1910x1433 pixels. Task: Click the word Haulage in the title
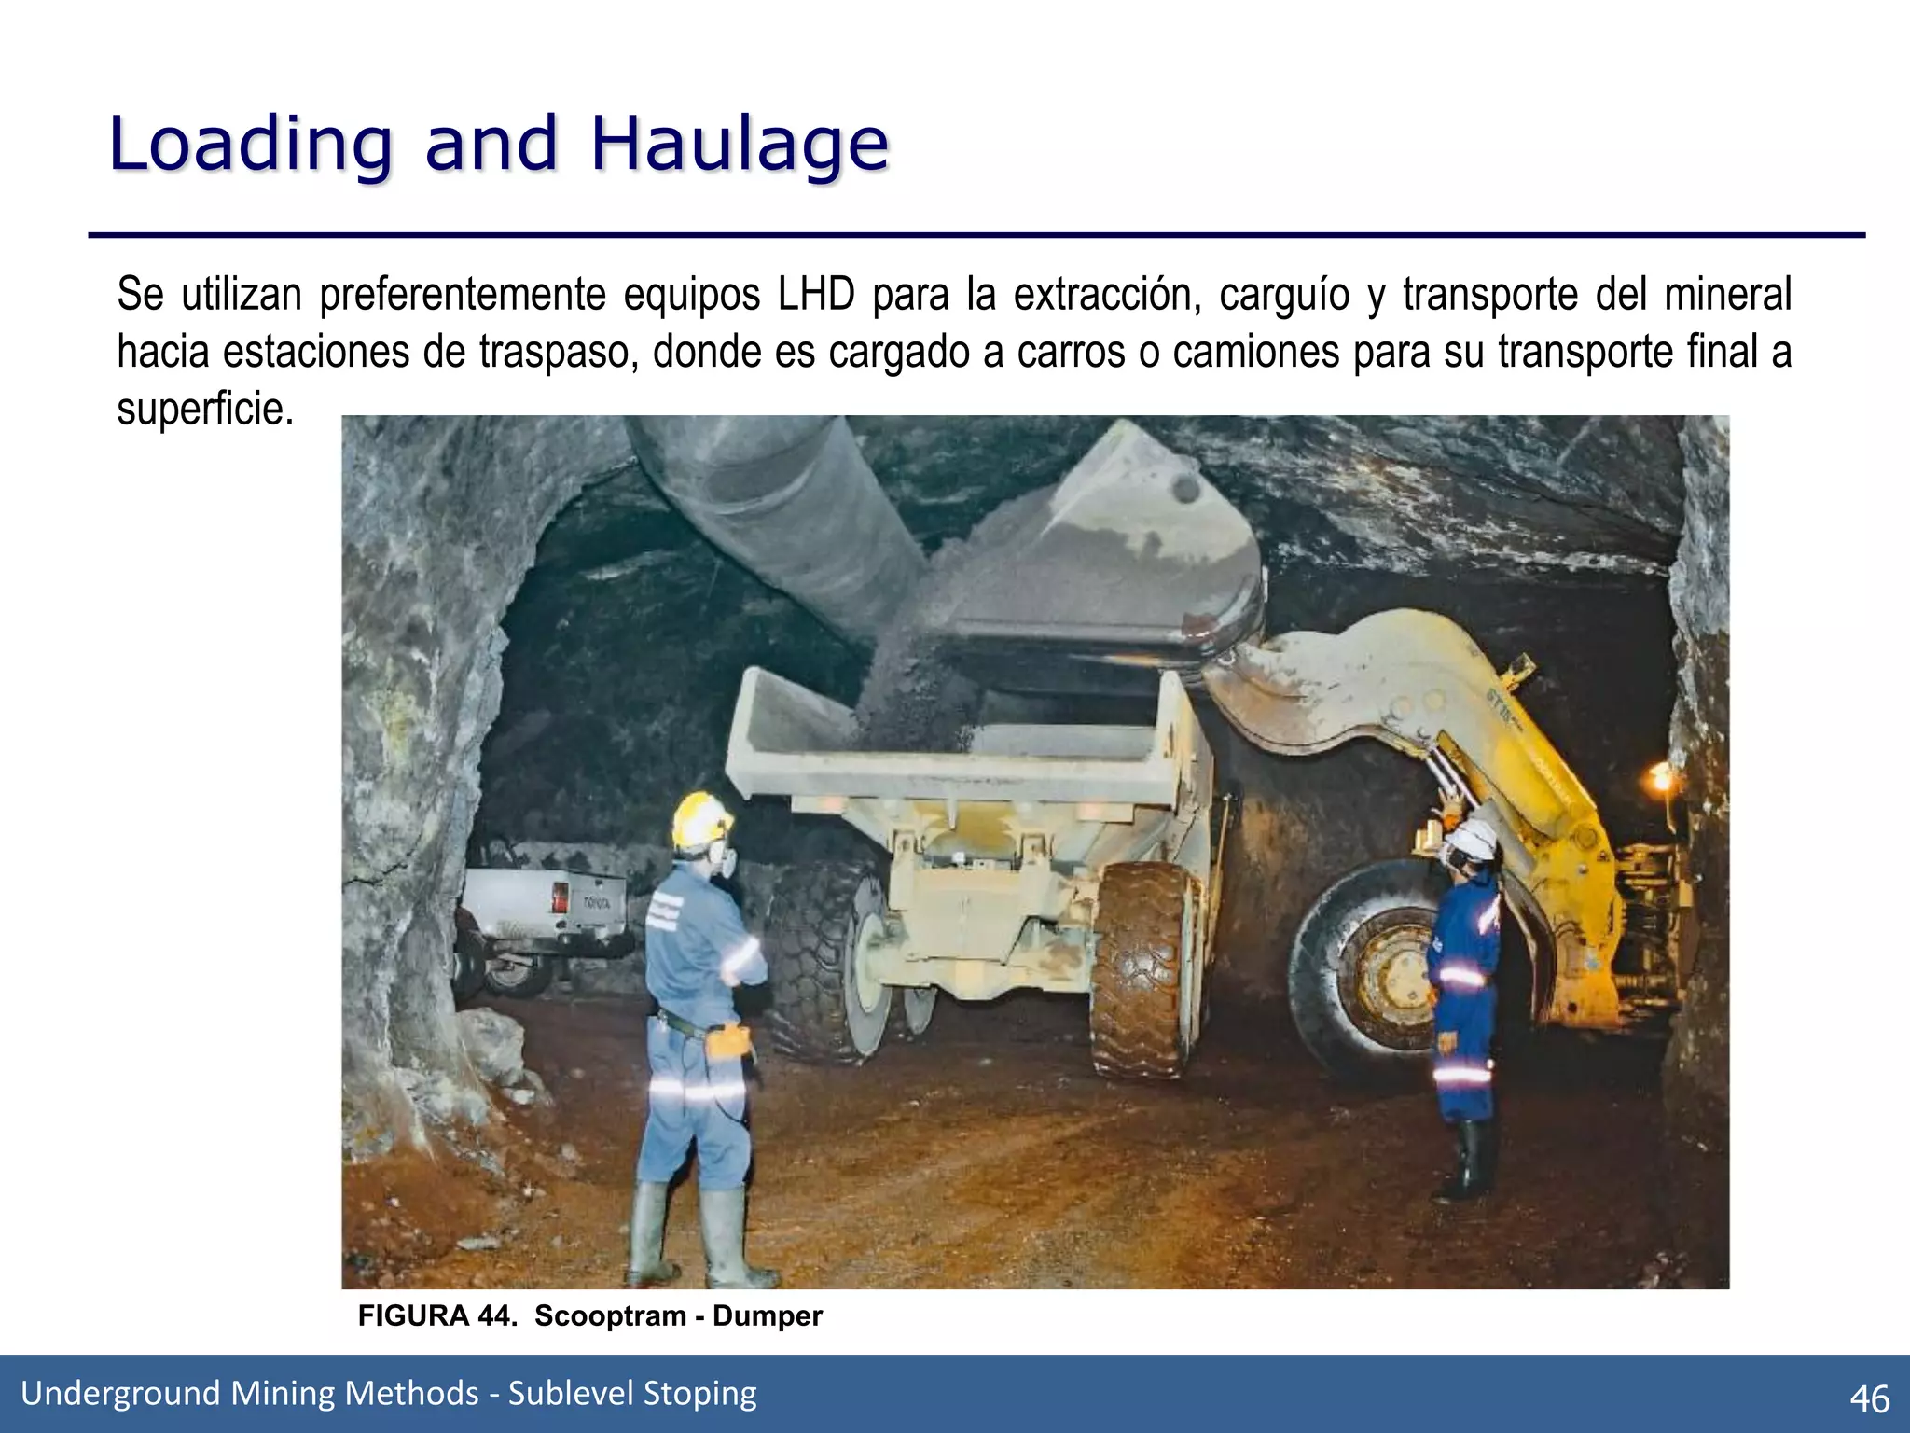point(740,145)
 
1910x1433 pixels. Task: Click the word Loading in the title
point(250,145)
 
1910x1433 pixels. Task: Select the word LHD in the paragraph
point(816,295)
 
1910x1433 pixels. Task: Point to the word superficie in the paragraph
point(204,409)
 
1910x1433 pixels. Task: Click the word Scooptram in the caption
point(610,1315)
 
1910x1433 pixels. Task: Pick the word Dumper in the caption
point(767,1315)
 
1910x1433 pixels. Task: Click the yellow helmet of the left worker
point(700,819)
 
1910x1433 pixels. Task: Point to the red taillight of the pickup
point(560,898)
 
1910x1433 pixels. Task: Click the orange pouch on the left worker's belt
point(728,1041)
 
